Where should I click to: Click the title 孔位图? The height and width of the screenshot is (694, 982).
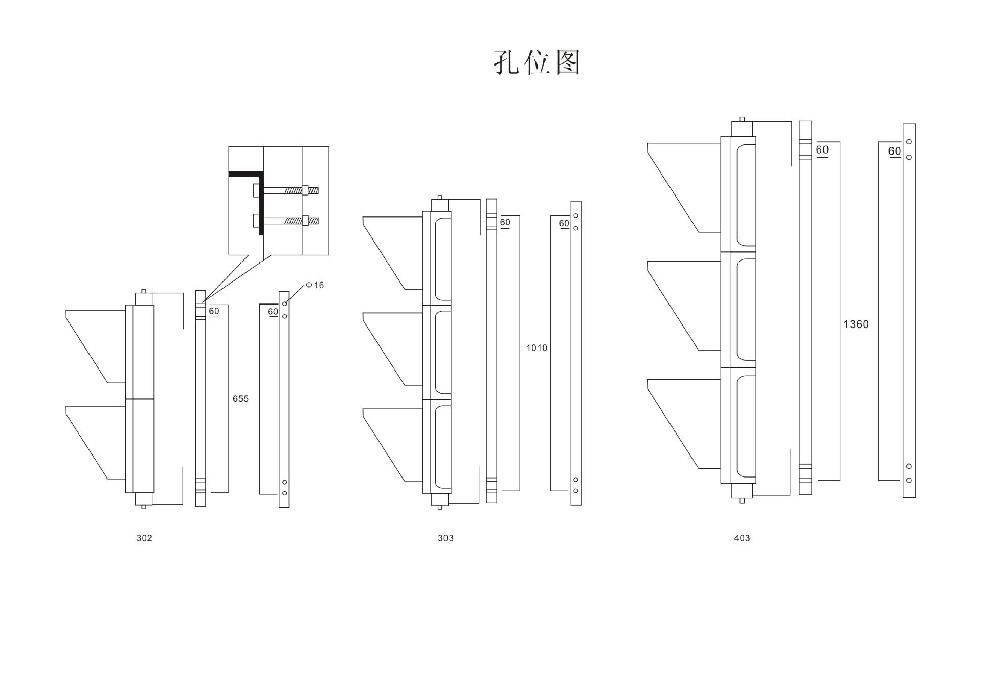pos(537,62)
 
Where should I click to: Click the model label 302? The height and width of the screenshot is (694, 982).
pos(144,538)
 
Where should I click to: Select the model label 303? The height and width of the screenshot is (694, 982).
pos(445,538)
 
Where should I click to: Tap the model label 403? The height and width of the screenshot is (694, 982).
pos(742,538)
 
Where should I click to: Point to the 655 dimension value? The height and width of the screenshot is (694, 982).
pos(240,399)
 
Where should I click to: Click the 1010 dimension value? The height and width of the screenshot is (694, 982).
pos(537,348)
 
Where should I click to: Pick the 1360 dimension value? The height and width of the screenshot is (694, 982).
pos(856,324)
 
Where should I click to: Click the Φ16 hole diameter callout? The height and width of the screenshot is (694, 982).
pos(315,285)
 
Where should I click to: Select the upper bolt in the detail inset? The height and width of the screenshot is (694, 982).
pos(286,190)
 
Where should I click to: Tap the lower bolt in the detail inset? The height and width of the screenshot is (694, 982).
pos(286,221)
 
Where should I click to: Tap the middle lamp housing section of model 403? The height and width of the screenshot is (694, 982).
pos(738,310)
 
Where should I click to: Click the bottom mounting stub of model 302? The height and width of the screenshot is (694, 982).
pos(144,500)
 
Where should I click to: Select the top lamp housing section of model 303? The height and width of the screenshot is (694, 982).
pos(437,258)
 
